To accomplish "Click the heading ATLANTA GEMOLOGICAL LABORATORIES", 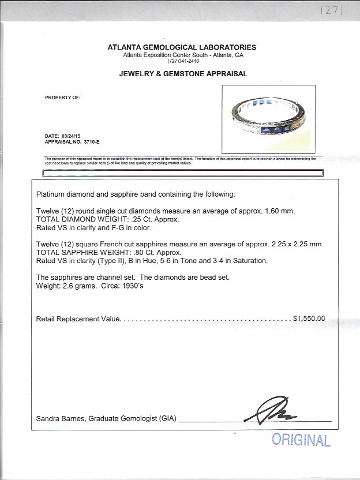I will (182, 47).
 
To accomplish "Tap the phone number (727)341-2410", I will (182, 61).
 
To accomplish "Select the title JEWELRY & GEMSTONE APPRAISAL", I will (183, 74).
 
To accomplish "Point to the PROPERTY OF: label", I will (63, 97).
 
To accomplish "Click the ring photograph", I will (269, 119).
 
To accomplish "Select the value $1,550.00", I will (309, 318).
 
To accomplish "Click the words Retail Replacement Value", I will (78, 318).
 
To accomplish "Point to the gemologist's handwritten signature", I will (273, 411).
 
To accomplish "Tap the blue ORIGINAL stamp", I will (301, 440).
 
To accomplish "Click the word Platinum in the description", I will (50, 194).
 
